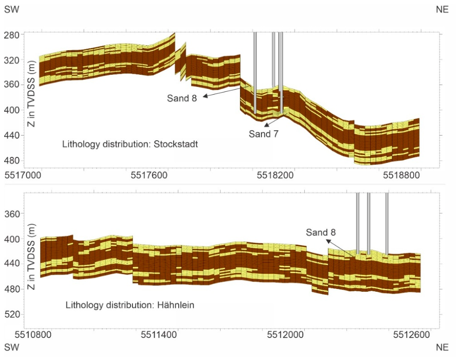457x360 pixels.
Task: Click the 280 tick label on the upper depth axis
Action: (x=12, y=35)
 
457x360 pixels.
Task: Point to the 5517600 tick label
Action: (x=149, y=175)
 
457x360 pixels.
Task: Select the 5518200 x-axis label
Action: (x=276, y=175)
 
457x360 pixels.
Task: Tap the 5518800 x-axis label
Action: (x=401, y=175)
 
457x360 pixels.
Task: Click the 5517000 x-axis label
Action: (x=23, y=175)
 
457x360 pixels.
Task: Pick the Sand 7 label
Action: (x=264, y=134)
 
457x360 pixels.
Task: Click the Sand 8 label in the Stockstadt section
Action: (x=182, y=98)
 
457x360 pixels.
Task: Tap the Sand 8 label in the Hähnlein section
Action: (x=321, y=232)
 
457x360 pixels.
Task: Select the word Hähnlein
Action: (x=176, y=305)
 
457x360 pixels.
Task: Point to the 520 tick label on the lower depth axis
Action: (x=12, y=314)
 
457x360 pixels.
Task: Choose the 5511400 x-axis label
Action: (x=159, y=335)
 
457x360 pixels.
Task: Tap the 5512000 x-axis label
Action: (x=286, y=335)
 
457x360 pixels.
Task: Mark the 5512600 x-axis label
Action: (x=412, y=335)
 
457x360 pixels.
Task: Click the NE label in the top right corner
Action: (x=442, y=9)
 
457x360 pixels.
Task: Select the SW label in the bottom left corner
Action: (x=12, y=347)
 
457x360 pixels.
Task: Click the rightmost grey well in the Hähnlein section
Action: (x=387, y=223)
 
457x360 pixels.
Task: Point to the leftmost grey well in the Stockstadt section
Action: (x=255, y=73)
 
